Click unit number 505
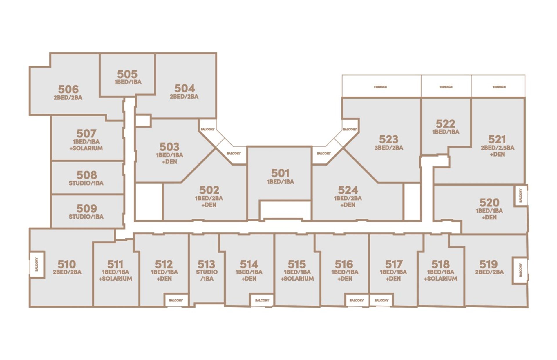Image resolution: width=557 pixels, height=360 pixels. coord(127,74)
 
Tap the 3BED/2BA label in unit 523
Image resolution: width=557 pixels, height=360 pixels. coord(389,148)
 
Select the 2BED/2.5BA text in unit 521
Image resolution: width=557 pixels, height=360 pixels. coord(497,148)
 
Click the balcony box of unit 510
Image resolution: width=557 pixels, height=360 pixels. coord(37,264)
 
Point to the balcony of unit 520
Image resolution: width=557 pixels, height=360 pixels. coord(520,195)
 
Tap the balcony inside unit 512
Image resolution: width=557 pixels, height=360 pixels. coord(176,300)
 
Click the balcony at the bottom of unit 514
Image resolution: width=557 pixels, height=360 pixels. coord(262,300)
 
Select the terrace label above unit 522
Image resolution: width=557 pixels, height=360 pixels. coord(446,87)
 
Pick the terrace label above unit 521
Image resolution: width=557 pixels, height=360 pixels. coord(499,87)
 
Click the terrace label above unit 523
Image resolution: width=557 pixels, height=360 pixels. coord(380,87)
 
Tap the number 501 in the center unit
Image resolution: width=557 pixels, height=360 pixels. coord(280,173)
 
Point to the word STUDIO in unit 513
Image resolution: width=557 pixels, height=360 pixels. coord(207,272)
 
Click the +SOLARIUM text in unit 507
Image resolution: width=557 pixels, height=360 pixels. coord(86,148)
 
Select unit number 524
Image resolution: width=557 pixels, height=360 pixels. coord(348,190)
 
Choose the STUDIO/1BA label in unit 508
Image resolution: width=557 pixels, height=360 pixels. coord(86,183)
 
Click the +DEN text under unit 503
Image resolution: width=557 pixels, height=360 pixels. coord(169,162)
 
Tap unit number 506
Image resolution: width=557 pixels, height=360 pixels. coord(68,89)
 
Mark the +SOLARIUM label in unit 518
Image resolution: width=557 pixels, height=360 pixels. coord(441,279)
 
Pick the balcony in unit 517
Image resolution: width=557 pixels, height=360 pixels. coord(381,300)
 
